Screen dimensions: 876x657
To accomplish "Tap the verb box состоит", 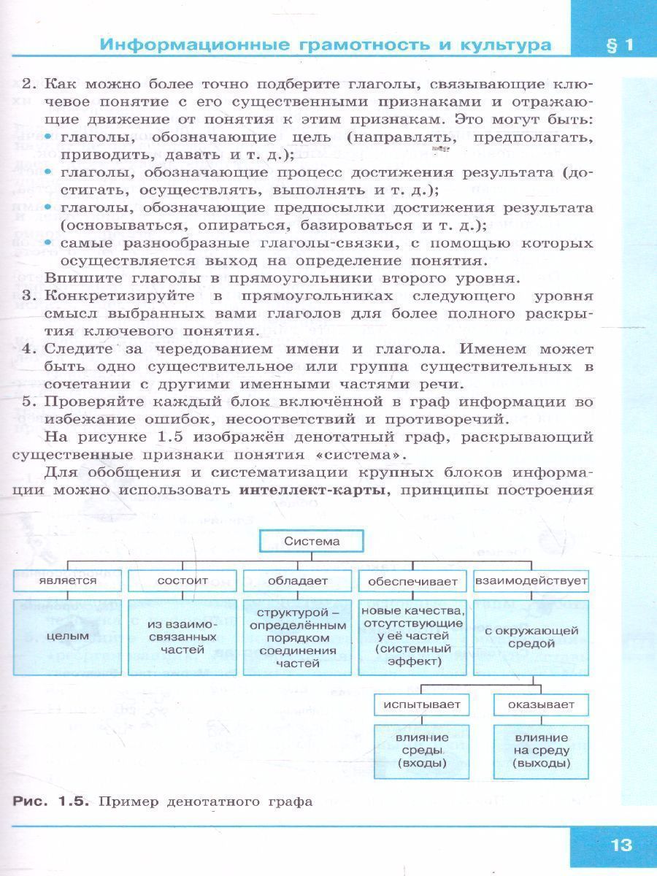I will click(x=182, y=580).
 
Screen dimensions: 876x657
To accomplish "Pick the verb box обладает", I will click(x=297, y=580).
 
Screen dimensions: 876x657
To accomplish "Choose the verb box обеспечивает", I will click(x=412, y=581).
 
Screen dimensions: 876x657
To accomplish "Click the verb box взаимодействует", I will click(x=531, y=580).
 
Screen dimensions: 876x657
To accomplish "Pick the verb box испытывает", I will click(x=422, y=704).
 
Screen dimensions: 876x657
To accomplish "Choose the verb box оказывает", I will click(x=541, y=704).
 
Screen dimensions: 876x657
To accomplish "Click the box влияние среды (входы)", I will click(x=422, y=750).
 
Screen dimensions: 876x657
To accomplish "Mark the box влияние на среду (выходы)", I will click(x=541, y=750).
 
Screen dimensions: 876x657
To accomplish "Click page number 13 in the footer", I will click(x=620, y=845).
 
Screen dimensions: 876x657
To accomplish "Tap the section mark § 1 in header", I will click(x=619, y=45).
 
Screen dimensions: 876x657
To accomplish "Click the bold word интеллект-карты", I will click(x=312, y=490).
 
